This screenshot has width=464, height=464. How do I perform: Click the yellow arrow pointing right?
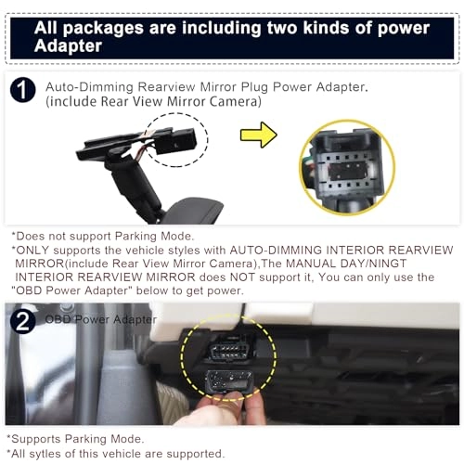259,135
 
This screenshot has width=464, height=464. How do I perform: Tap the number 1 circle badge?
23,90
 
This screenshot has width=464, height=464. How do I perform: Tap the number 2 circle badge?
23,321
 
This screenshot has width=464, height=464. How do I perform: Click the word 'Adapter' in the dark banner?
68,45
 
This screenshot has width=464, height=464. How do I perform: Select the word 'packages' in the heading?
103,29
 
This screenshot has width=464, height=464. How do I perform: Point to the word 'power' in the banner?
404,29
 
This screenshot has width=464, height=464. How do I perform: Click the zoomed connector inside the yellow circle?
348,167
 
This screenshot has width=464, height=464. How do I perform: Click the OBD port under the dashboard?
230,348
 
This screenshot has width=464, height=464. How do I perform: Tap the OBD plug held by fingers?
229,381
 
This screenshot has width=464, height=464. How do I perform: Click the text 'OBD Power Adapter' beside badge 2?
101,319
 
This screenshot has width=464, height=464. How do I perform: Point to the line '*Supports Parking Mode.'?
75,439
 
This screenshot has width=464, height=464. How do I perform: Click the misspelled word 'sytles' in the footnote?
45,454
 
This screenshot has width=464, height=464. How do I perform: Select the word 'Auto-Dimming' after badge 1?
89,87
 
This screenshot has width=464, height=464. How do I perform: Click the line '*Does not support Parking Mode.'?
102,237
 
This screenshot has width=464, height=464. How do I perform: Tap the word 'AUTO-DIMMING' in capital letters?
276,250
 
